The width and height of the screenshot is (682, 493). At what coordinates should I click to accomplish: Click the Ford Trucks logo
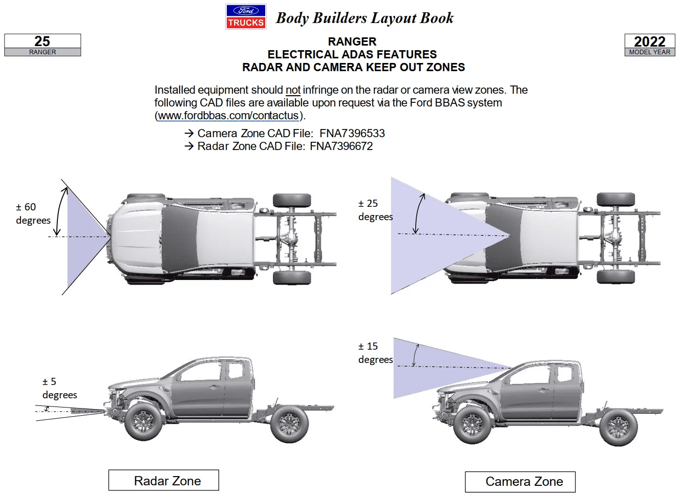(246, 17)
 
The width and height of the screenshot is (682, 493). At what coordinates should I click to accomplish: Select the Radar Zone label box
(164, 480)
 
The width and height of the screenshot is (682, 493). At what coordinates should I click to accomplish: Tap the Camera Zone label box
(520, 482)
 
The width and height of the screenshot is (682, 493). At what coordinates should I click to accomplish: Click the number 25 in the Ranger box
(42, 41)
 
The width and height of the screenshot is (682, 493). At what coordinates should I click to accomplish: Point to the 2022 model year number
(650, 41)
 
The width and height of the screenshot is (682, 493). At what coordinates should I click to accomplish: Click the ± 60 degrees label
(33, 213)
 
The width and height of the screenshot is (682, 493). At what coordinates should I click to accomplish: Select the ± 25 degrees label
(375, 210)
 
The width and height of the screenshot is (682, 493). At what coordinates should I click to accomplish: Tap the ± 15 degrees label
(375, 353)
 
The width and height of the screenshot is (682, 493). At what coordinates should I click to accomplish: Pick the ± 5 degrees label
(60, 388)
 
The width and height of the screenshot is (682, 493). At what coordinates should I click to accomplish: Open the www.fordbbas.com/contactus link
(228, 116)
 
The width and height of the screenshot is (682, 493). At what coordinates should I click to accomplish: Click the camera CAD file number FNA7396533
(352, 134)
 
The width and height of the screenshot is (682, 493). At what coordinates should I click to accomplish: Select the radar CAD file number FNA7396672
(342, 146)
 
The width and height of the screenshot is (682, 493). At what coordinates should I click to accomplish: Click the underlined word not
(293, 90)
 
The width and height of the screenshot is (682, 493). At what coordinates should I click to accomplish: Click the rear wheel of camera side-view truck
(619, 427)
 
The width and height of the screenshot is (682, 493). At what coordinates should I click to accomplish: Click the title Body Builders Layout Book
(365, 17)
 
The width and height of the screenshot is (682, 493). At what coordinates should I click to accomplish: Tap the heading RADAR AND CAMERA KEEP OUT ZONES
(353, 67)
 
